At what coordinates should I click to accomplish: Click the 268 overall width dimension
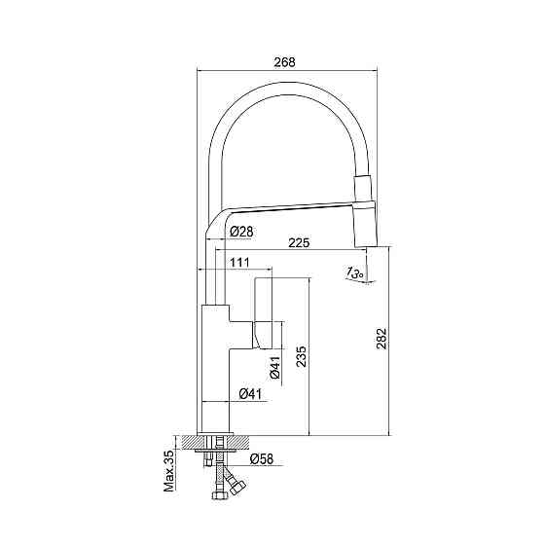[x=284, y=62]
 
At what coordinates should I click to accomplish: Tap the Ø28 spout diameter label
[x=242, y=232]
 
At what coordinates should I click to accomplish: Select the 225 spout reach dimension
[x=299, y=242]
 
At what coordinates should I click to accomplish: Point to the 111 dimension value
[x=239, y=262]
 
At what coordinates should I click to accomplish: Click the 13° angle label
[x=355, y=272]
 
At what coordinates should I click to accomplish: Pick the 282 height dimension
[x=381, y=339]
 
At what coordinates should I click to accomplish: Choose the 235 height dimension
[x=301, y=356]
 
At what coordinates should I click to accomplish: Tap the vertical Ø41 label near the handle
[x=274, y=368]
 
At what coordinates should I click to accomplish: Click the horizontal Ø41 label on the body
[x=251, y=394]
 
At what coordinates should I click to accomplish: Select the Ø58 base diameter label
[x=262, y=459]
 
